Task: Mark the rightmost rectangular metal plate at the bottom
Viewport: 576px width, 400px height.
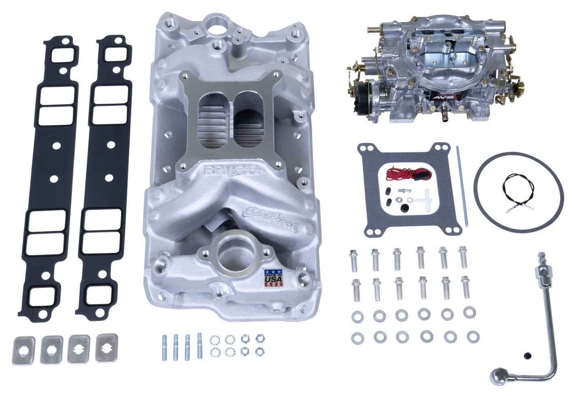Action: tap(107, 347)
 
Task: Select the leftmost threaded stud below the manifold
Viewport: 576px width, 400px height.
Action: tap(165, 347)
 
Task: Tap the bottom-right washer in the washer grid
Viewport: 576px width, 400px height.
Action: tap(471, 336)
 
